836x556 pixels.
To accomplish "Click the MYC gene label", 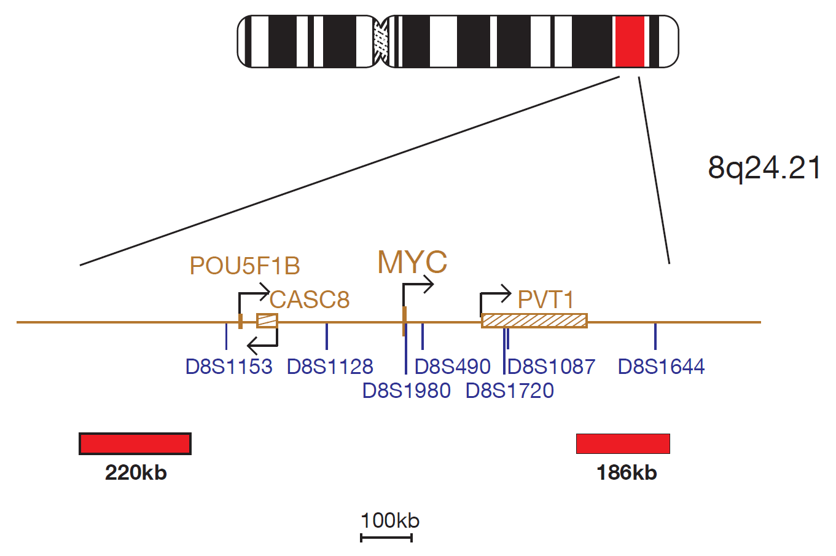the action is (x=412, y=262).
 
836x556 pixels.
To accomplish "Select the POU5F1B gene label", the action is (x=245, y=266).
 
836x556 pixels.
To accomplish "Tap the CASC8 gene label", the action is (x=310, y=300).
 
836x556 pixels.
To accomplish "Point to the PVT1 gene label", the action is (x=545, y=300).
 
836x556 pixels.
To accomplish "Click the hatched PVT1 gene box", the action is (x=534, y=321).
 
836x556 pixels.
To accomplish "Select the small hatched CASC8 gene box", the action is (x=267, y=321).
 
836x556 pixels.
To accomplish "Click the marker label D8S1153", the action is (x=229, y=367).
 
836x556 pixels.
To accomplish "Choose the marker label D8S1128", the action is (x=330, y=367).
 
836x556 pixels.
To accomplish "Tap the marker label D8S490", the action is (x=452, y=367).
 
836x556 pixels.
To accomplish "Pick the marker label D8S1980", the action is (x=407, y=391).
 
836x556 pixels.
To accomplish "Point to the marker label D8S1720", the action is (x=509, y=391).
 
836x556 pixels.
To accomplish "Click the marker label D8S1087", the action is (x=551, y=367).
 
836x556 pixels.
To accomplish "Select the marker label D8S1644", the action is (x=661, y=367).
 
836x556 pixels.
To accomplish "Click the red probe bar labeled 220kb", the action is (x=135, y=444).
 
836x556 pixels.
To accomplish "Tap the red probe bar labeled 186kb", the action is (x=623, y=444).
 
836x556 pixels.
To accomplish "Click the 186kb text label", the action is (x=627, y=473).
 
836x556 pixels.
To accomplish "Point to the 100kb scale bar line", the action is (x=386, y=538).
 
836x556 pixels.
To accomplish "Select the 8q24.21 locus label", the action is (x=764, y=168).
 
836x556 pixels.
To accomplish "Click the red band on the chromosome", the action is (x=630, y=41).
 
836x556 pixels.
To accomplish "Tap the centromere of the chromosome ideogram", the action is (x=381, y=41).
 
